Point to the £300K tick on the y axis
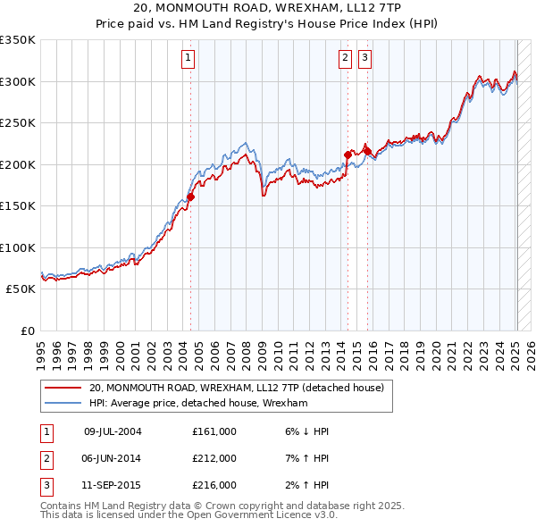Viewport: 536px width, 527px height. tap(18, 81)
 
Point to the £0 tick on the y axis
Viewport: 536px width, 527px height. tap(28, 331)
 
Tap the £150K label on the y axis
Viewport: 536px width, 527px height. tap(18, 206)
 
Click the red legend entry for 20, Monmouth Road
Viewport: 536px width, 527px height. tap(236, 388)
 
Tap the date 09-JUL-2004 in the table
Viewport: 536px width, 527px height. tap(113, 431)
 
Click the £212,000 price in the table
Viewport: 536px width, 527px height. tap(214, 458)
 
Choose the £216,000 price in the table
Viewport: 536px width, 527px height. tap(214, 485)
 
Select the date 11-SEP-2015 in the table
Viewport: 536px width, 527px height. tap(113, 485)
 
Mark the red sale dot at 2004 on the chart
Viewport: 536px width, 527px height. tap(190, 197)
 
